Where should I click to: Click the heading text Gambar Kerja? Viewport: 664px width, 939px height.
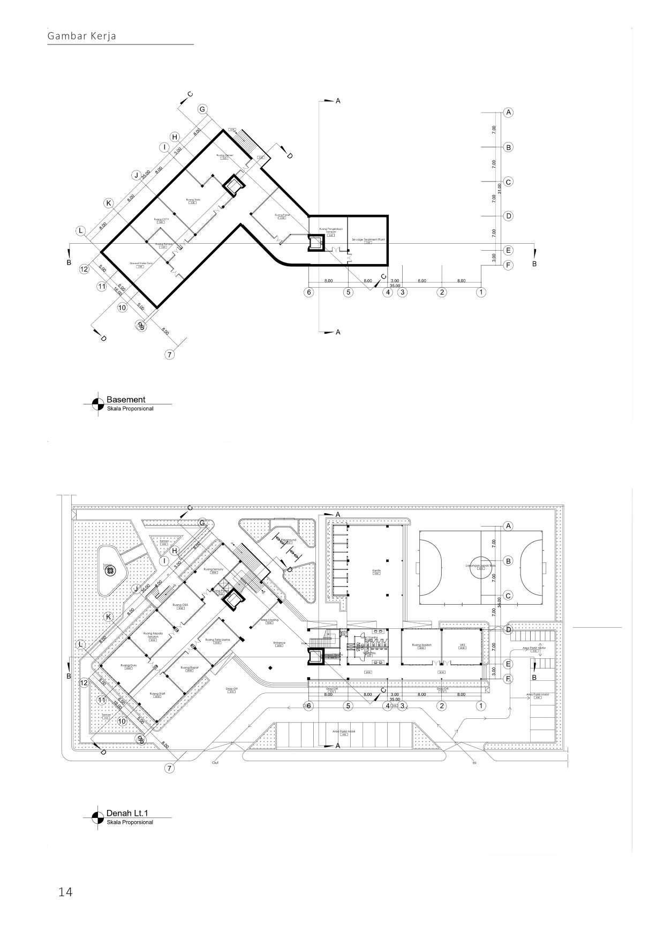[82, 36]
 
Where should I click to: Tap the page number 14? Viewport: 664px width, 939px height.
[65, 892]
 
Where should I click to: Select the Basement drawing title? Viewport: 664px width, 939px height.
[126, 400]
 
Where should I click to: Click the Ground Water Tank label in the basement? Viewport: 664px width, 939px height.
[141, 263]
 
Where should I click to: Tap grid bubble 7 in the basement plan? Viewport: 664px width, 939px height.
[170, 355]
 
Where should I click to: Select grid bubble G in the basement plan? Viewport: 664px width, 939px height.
[202, 109]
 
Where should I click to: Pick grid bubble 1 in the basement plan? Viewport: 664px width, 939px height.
[481, 292]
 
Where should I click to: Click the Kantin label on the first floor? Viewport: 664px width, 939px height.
[376, 571]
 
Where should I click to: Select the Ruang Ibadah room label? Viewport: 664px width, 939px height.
[421, 645]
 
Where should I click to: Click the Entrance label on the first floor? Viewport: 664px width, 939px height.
[279, 643]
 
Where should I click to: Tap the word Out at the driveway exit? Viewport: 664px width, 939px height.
[215, 762]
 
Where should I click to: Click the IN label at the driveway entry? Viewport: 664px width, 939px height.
[474, 762]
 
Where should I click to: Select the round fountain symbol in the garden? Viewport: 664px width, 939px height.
[110, 571]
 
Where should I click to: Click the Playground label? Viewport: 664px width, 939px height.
[286, 540]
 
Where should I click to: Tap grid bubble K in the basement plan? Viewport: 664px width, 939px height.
[109, 204]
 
